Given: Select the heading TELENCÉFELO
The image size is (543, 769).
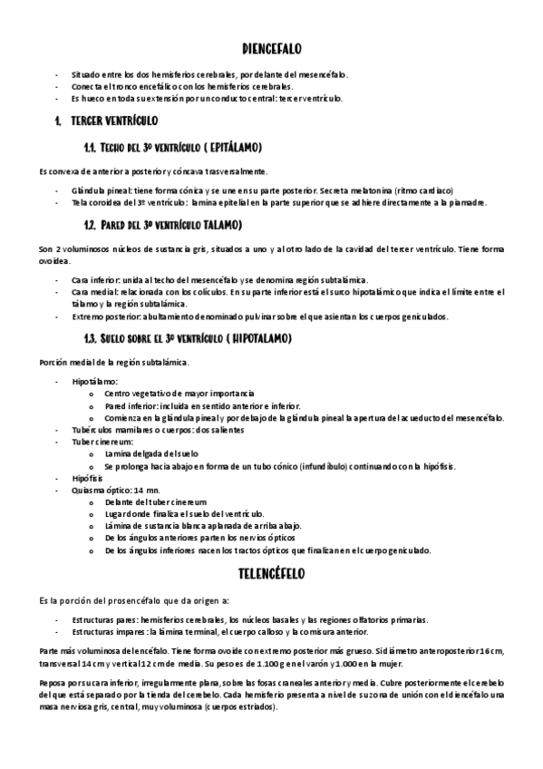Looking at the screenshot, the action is tap(272, 574).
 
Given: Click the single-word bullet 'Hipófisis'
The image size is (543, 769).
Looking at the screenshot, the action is tap(90, 477).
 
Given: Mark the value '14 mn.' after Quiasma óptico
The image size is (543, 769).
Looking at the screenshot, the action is tap(145, 489).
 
